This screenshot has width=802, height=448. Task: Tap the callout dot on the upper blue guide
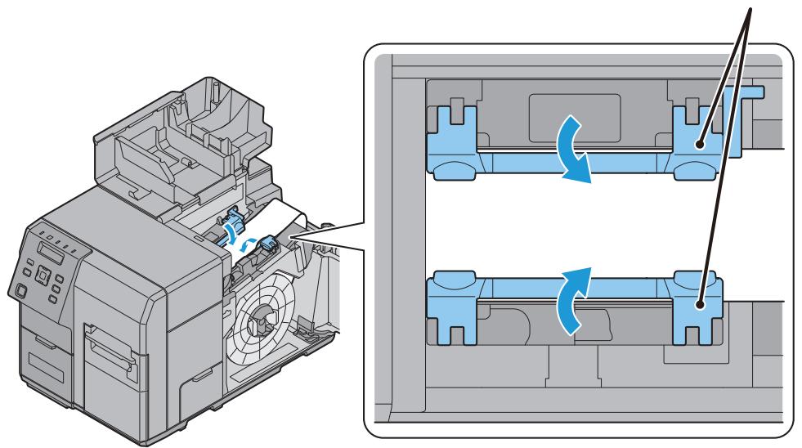pyautogui.click(x=701, y=145)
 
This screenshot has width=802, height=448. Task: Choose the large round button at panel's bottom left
pyautogui.click(x=19, y=288)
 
